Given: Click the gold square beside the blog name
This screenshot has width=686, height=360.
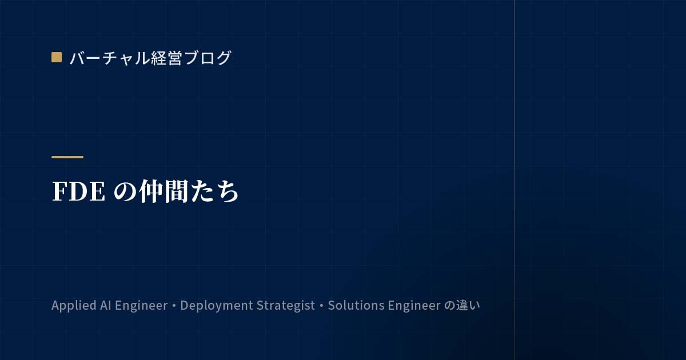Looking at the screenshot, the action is (57, 57).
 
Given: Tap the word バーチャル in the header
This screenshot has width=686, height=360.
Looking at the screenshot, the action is (110, 58).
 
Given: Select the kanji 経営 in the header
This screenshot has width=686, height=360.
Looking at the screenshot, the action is (166, 58).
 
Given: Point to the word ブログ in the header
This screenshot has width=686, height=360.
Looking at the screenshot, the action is (208, 58).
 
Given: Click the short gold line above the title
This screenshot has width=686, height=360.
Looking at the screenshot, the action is (67, 157).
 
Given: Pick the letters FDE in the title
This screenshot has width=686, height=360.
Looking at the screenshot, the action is (79, 191).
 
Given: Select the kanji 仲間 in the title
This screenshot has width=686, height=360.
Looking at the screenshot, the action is (163, 191).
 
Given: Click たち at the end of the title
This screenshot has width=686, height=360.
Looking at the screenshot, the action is (214, 191).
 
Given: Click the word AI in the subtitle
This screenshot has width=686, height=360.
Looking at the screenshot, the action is (106, 305).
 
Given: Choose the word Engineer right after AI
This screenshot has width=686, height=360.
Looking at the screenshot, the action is (141, 306).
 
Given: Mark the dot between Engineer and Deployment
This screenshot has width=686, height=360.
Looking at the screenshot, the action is (174, 306).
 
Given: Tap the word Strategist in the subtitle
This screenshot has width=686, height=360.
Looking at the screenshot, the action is (286, 306).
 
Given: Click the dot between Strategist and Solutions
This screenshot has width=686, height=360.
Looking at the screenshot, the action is (321, 306).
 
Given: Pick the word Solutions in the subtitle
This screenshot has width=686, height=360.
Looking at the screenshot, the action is (356, 305).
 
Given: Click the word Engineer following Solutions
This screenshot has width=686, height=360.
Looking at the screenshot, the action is (414, 306).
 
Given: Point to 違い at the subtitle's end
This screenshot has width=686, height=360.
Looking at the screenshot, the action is (468, 305).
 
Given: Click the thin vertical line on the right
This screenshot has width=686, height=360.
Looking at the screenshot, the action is (514, 180).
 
